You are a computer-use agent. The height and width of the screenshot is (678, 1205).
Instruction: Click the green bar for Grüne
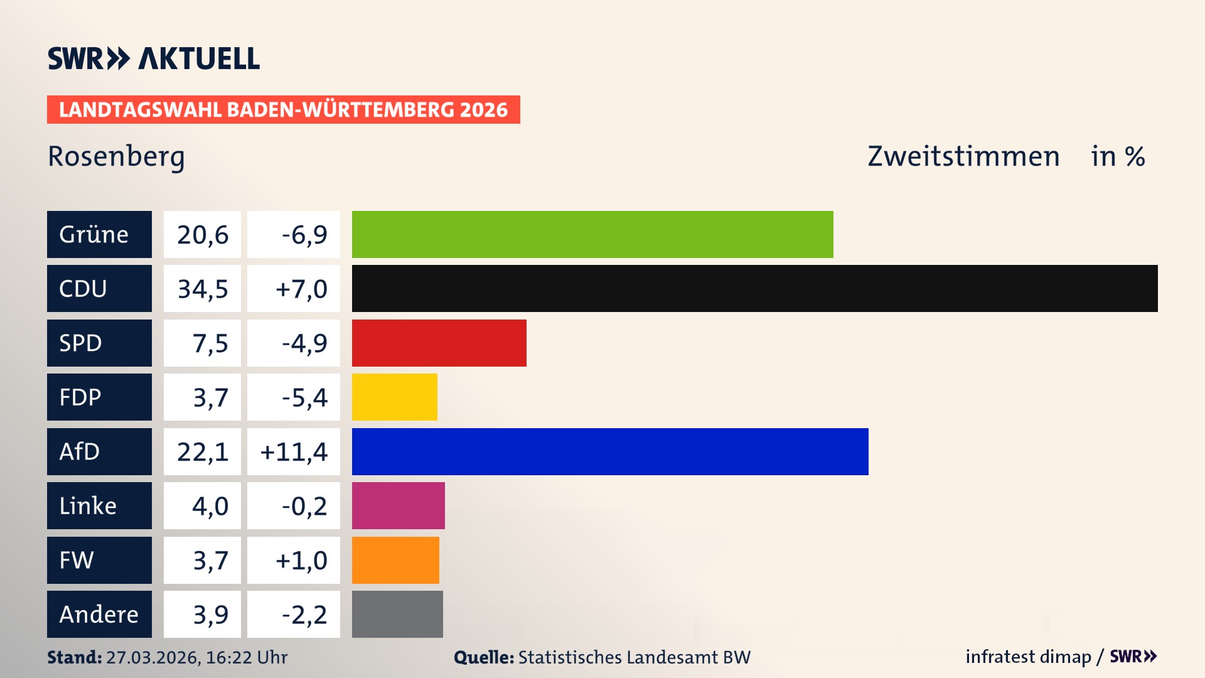click(x=592, y=234)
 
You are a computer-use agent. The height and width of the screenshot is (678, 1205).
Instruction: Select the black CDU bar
click(x=754, y=289)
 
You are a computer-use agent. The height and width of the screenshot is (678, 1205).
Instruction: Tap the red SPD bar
click(x=439, y=343)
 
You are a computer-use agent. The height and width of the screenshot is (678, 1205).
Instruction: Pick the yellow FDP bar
click(x=394, y=397)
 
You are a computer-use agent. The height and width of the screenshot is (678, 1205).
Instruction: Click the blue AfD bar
click(x=610, y=451)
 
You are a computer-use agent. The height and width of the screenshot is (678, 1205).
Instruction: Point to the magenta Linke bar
click(x=398, y=505)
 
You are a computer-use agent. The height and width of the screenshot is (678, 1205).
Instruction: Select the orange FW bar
click(x=395, y=560)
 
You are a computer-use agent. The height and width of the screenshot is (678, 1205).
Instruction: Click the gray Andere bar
click(x=397, y=614)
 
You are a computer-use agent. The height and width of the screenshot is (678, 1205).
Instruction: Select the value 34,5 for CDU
click(x=202, y=289)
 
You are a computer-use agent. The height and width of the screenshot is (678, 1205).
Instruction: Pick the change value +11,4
click(x=294, y=451)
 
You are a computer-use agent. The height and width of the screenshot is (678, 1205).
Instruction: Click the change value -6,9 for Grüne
click(x=304, y=234)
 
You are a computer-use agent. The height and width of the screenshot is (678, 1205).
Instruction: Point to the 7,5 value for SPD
click(x=210, y=343)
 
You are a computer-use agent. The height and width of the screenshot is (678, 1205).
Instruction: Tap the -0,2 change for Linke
click(x=304, y=505)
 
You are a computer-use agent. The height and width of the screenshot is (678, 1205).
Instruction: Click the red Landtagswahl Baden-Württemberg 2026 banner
click(x=283, y=110)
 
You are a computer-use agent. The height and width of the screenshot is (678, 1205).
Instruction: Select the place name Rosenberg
click(x=116, y=156)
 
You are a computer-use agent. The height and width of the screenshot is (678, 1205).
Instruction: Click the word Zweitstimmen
click(x=963, y=156)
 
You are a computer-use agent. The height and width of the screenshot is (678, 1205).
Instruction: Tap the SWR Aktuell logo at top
click(x=154, y=58)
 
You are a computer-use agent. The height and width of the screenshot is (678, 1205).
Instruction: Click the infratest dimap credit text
click(x=1028, y=657)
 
